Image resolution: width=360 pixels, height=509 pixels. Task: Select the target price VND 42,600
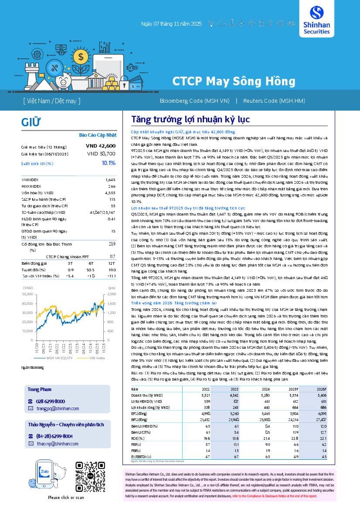tap(101, 146)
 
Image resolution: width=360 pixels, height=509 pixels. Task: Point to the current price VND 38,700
tap(101, 153)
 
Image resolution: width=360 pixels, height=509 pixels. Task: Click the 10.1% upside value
tap(109, 163)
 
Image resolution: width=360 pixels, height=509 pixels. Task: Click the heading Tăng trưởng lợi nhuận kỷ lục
tap(190, 119)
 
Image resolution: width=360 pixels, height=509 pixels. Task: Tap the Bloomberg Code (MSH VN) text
tap(194, 101)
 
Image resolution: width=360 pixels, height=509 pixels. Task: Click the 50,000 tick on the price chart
tap(27, 294)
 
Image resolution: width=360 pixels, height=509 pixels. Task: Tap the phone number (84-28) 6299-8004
tap(54, 436)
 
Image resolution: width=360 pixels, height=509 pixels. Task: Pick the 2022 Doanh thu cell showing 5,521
tap(206, 394)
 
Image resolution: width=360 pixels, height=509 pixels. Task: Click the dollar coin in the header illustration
tap(79, 56)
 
